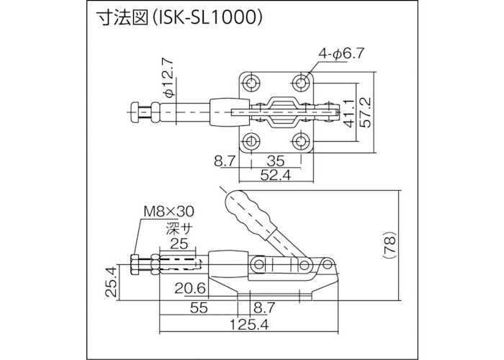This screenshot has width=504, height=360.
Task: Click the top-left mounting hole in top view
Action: (251, 84)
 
